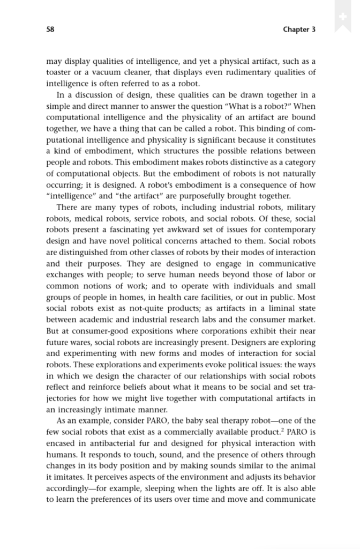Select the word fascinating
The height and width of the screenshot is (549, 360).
coord(140,229)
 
